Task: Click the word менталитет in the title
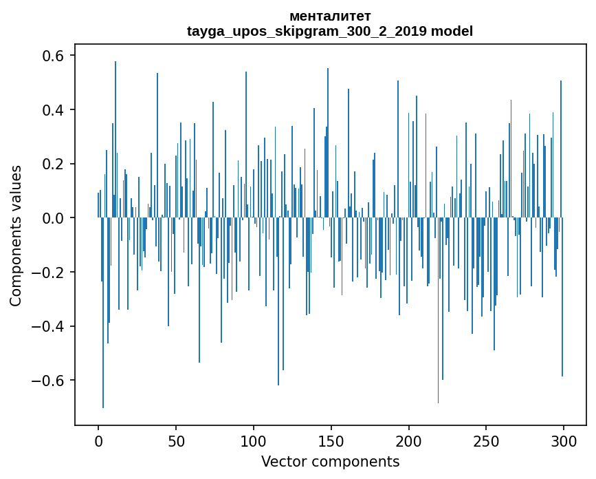[x=330, y=16]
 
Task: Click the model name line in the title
[x=330, y=31]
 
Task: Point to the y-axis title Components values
[x=16, y=235]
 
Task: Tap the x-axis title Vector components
[x=330, y=461]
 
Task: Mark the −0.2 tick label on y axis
[x=49, y=273]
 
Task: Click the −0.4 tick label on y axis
[x=49, y=326]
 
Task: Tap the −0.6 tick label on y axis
[x=49, y=381]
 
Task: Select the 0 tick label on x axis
[x=98, y=440]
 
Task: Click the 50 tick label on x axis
[x=176, y=440]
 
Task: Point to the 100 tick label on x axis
[x=254, y=440]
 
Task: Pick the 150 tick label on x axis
[x=331, y=440]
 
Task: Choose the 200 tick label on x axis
[x=409, y=440]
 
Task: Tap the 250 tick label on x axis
[x=486, y=440]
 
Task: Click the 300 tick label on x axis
[x=564, y=440]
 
